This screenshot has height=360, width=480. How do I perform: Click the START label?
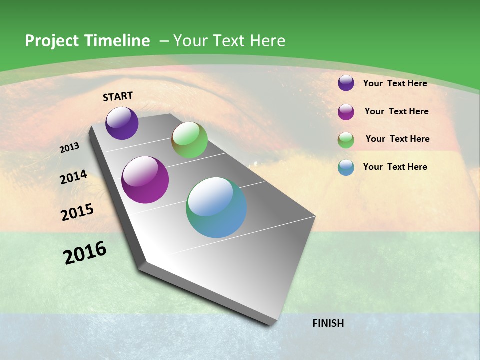(x=118, y=96)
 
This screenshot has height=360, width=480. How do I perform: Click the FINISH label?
(x=328, y=323)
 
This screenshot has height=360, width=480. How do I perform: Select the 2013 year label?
(x=69, y=148)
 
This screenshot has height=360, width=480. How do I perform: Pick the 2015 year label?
(x=77, y=212)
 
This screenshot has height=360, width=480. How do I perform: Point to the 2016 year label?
(x=85, y=253)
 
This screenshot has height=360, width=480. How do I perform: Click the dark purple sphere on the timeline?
(x=122, y=123)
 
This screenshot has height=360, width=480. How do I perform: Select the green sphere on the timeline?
(x=189, y=140)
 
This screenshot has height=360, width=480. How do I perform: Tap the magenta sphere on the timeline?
(x=145, y=180)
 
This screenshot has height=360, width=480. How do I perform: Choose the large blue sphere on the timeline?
(x=216, y=207)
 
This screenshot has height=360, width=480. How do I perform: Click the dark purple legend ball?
(x=346, y=83)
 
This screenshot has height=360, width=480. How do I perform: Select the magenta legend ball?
(x=346, y=112)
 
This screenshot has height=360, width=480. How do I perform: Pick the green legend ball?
(x=346, y=140)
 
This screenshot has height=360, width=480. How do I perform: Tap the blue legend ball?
(x=346, y=167)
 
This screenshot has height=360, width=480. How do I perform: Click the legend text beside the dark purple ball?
(x=395, y=83)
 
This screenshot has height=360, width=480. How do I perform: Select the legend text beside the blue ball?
(x=395, y=167)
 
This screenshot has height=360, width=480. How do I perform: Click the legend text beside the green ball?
(x=397, y=139)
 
